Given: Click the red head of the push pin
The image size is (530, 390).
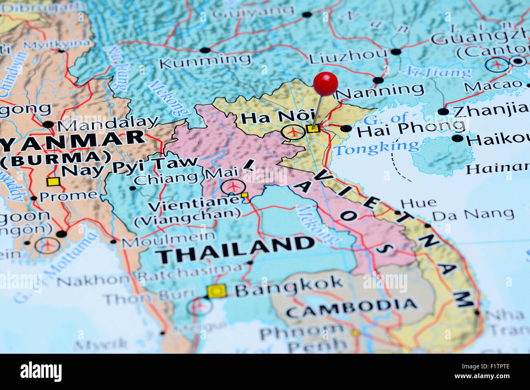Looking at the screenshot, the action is [325, 84].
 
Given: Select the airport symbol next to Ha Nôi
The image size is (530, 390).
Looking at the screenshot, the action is [293, 132].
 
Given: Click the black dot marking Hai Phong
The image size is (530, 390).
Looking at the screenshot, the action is [346, 129].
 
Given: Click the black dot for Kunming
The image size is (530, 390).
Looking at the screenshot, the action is [205, 51].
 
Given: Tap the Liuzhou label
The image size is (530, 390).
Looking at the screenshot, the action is [348, 57].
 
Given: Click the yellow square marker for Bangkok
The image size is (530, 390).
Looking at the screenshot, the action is [216, 291].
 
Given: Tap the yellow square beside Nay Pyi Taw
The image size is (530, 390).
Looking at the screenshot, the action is [53, 182].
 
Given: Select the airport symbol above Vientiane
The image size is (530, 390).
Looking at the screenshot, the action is [233, 187].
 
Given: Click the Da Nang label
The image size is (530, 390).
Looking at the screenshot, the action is [473, 214].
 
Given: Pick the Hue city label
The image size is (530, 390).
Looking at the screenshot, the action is [418, 203].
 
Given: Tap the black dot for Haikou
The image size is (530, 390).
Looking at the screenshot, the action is [457, 138].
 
